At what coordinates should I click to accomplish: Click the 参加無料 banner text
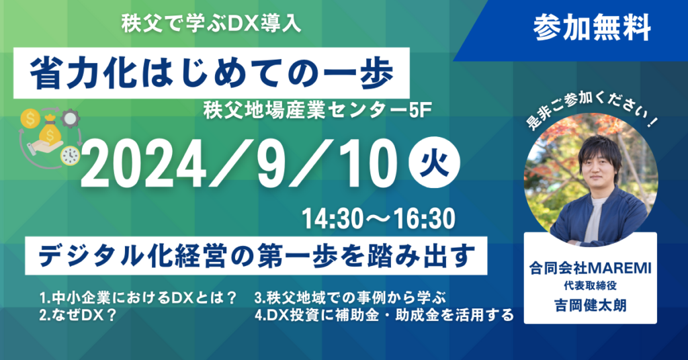pos(592,28)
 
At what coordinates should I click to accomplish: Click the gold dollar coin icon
pos(30,119)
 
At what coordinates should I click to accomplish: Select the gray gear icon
pos(70,118)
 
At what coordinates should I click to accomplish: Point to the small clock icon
pos(70,156)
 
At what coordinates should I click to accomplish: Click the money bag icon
pos(49,131)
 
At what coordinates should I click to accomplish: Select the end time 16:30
pos(422,219)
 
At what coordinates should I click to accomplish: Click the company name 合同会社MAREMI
pos(590,267)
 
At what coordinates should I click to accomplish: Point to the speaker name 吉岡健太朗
pos(590,305)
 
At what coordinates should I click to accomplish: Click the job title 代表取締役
pos(590,286)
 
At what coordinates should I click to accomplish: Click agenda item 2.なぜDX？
pos(78,315)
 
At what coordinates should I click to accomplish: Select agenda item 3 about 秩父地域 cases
pos(350,298)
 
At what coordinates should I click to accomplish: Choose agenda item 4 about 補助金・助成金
pos(384,315)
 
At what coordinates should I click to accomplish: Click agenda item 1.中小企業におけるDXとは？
pos(138,298)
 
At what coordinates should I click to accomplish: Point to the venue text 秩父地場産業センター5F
pos(314,111)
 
